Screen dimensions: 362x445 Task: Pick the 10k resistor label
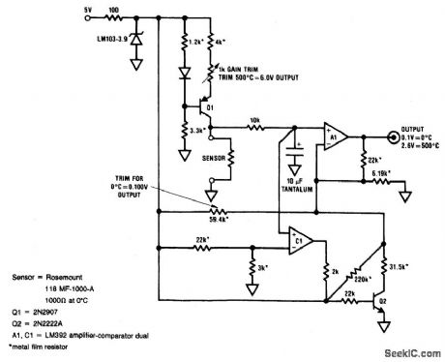[x=253, y=119]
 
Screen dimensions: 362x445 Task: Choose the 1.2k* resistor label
[x=193, y=45]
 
